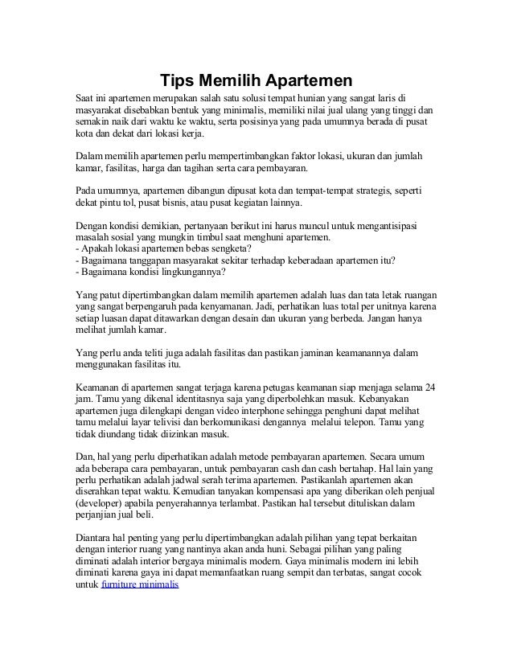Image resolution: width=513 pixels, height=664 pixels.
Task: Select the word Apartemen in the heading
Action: pos(310,80)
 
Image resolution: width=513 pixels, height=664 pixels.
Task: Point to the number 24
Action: pos(430,388)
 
